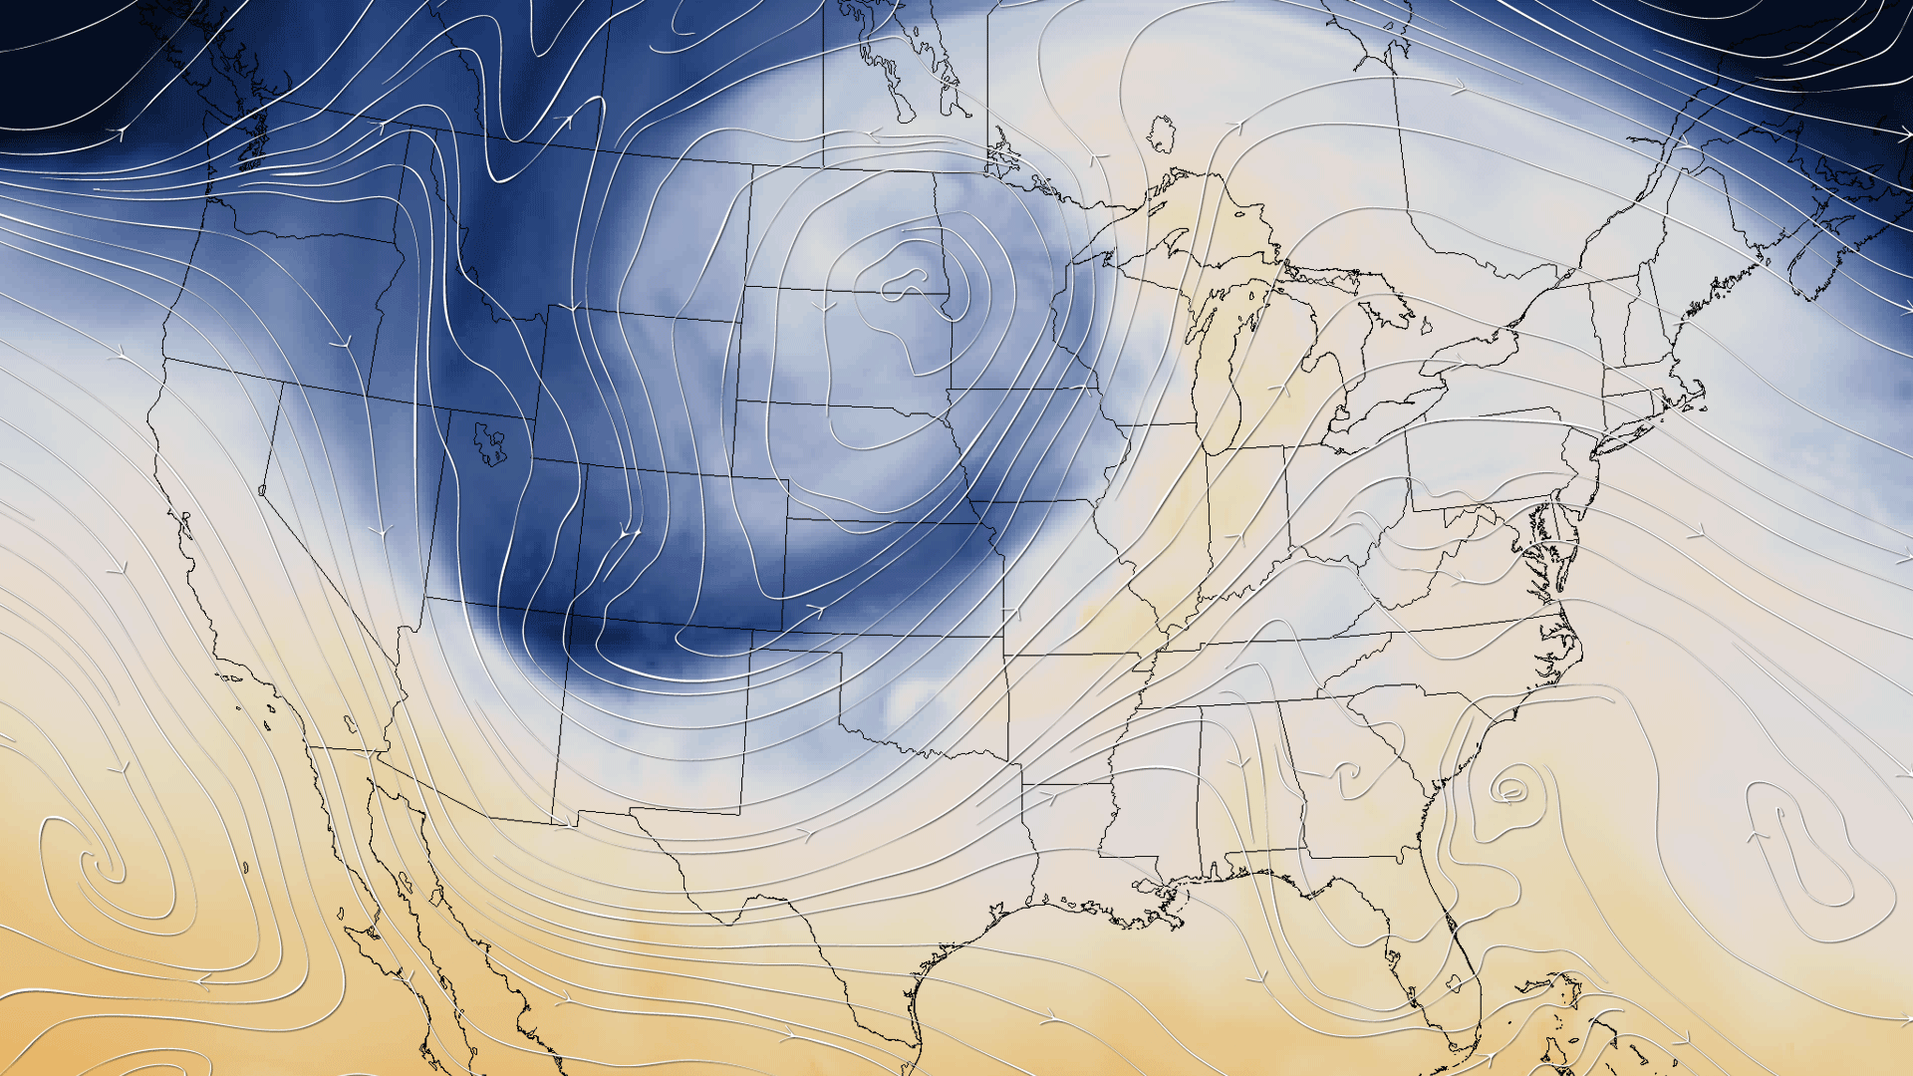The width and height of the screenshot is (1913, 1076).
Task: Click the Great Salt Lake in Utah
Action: (490, 443)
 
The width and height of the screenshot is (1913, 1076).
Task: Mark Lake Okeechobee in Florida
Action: (1457, 982)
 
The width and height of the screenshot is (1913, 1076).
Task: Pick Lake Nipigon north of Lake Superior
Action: (1160, 134)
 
